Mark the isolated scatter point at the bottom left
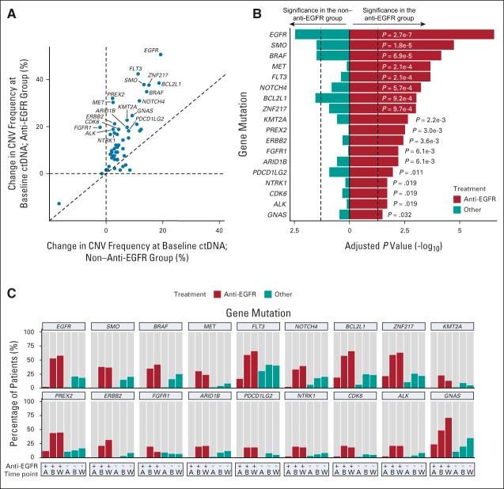pyautogui.click(x=58, y=203)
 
